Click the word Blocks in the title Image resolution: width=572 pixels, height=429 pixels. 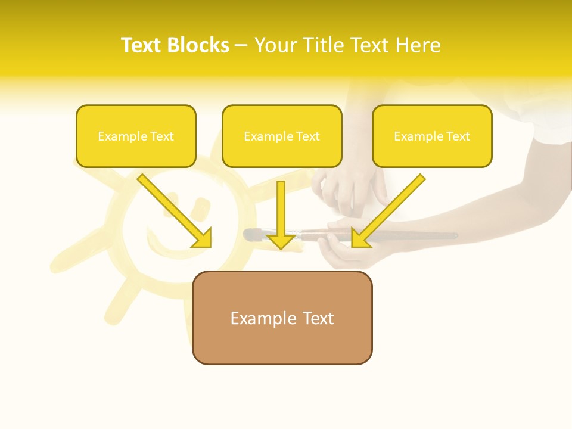198,45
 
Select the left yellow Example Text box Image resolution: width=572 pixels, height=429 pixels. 136,136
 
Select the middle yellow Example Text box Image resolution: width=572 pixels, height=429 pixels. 282,136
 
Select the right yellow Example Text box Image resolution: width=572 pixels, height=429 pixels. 432,136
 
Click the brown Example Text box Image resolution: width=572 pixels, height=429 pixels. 282,318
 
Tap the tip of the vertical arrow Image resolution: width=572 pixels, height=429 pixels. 281,247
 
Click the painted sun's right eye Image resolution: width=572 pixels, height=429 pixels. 203,207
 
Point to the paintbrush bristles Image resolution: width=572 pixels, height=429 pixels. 251,235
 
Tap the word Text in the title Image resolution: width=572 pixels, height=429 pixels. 142,45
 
